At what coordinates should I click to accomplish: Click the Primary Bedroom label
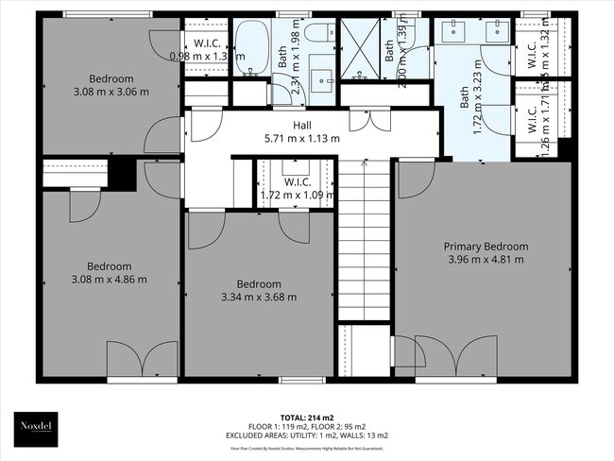pos(486,247)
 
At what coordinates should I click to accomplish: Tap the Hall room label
pos(302,125)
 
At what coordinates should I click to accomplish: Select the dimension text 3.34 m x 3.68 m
pos(259,297)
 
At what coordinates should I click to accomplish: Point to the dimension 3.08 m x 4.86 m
pos(111,279)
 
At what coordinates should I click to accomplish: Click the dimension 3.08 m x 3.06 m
pos(111,92)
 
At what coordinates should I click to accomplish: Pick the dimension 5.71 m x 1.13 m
pos(302,138)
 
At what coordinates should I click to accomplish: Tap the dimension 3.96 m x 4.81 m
pos(486,260)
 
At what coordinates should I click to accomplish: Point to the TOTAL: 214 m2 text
pos(306,417)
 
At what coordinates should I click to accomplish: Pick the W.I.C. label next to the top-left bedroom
pos(208,43)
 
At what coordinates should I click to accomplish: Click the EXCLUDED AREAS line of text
pos(306,435)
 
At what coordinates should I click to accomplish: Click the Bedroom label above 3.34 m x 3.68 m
pos(259,284)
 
